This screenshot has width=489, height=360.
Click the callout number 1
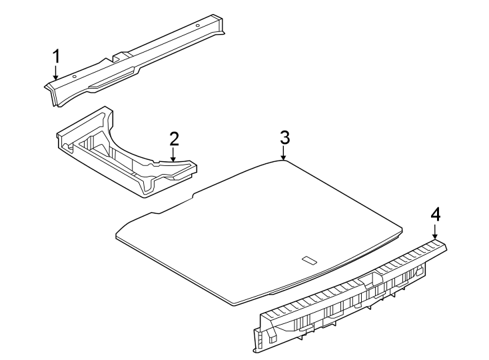[x=57, y=55]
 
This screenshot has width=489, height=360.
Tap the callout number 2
[x=174, y=139]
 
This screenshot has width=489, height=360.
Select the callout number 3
[x=284, y=137]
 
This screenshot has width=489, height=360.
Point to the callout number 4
[x=435, y=214]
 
